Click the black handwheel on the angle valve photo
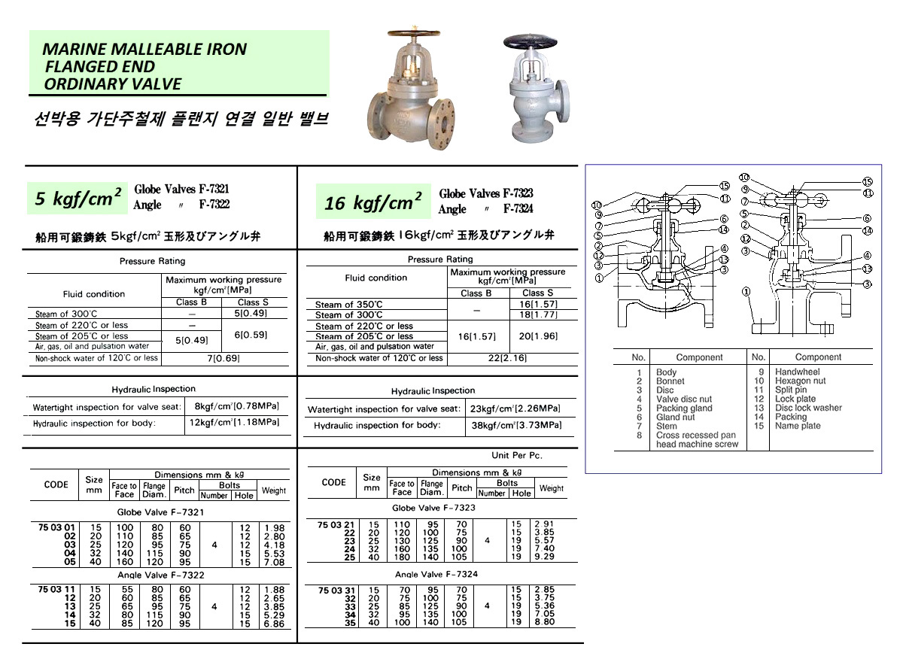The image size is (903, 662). [x=533, y=42]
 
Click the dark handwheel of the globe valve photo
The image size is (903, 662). [x=412, y=35]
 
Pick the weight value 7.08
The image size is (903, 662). [x=274, y=562]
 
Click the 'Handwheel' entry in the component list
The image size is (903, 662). [x=797, y=372]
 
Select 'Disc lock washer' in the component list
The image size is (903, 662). [x=808, y=408]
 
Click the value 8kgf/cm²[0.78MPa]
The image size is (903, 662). [x=236, y=407]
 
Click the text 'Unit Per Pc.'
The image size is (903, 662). [x=516, y=455]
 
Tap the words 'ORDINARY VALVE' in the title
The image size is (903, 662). [x=113, y=84]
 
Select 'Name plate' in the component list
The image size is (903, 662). [x=798, y=426]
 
